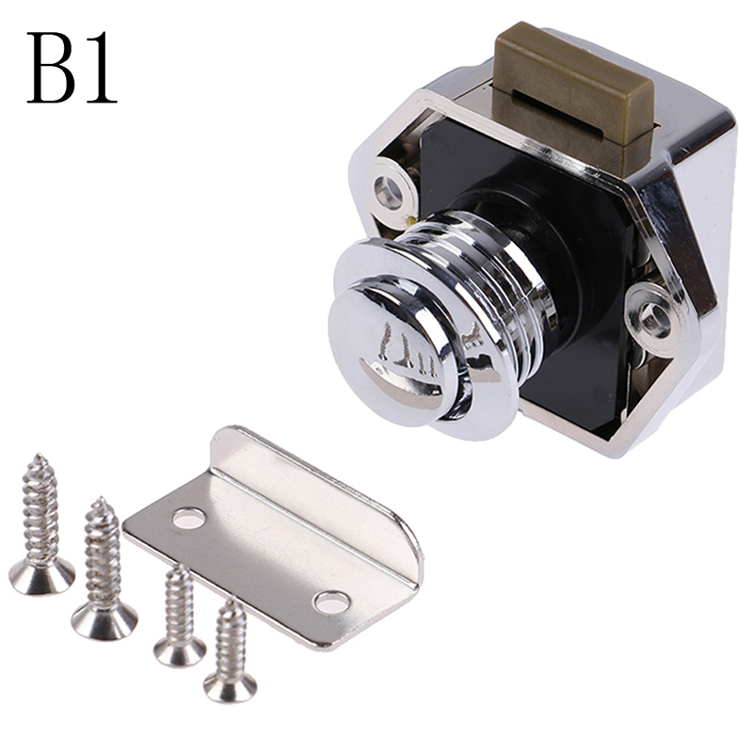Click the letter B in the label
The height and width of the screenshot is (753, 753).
coord(51,67)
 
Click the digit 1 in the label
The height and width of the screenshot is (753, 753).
coord(100,67)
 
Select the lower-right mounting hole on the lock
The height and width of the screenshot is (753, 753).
coord(654,319)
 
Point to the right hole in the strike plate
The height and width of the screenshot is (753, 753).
coord(331,602)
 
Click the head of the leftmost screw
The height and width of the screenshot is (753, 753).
coord(41,576)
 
